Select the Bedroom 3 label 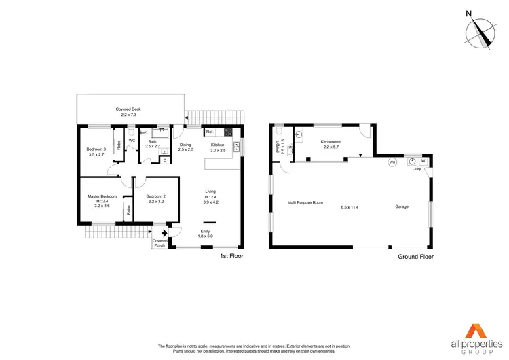click(96, 151)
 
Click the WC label click(132, 141)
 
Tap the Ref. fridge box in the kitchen click(210, 132)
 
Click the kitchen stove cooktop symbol click(229, 132)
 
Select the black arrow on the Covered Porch click(160, 232)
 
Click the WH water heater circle click(392, 162)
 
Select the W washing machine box click(423, 161)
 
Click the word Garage click(402, 206)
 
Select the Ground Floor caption click(416, 257)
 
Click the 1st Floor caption click(231, 256)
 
